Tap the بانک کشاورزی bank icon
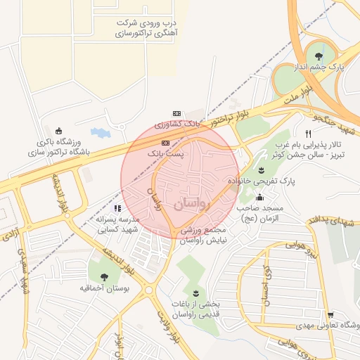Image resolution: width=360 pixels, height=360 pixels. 177,113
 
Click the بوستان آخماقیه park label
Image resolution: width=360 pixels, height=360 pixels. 103,288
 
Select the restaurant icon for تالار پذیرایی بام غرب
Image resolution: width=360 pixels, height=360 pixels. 308,134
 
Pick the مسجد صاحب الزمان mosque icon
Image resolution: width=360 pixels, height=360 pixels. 261,198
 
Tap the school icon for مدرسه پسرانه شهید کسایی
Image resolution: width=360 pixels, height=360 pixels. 117,209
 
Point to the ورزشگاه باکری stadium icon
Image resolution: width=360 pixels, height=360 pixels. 58,130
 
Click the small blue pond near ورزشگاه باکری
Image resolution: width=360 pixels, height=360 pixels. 100,131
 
